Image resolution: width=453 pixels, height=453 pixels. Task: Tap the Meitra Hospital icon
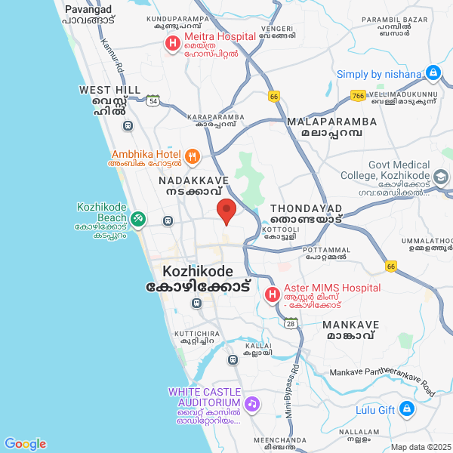(x=172, y=44)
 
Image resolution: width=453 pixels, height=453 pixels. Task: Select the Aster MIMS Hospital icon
(x=272, y=294)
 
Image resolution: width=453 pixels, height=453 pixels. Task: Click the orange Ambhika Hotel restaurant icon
(x=193, y=157)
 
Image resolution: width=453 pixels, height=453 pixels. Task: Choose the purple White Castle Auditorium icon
(x=252, y=403)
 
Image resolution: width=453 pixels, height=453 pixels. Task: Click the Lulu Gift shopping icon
(x=407, y=410)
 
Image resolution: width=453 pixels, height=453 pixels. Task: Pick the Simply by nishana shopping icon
(x=433, y=73)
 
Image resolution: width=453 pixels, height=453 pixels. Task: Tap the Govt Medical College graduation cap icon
(x=440, y=177)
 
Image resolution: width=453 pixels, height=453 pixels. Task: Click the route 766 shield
(x=358, y=96)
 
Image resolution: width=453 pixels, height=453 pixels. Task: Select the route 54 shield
(x=153, y=100)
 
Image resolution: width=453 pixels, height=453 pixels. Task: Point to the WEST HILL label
(x=110, y=90)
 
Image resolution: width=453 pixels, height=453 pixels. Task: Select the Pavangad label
(x=88, y=9)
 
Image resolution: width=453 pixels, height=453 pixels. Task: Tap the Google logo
(x=25, y=444)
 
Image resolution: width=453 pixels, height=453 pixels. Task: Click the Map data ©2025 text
(x=420, y=446)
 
